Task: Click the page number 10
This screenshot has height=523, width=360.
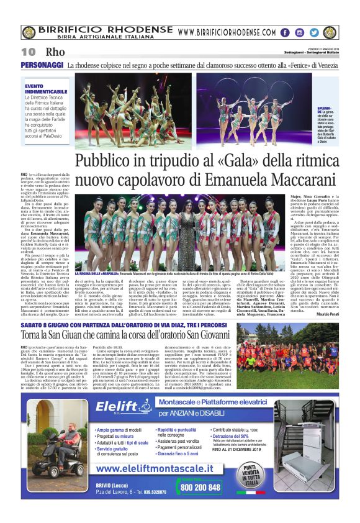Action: pyautogui.click(x=29, y=52)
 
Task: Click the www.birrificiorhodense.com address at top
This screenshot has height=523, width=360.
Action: pyautogui.click(x=226, y=32)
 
